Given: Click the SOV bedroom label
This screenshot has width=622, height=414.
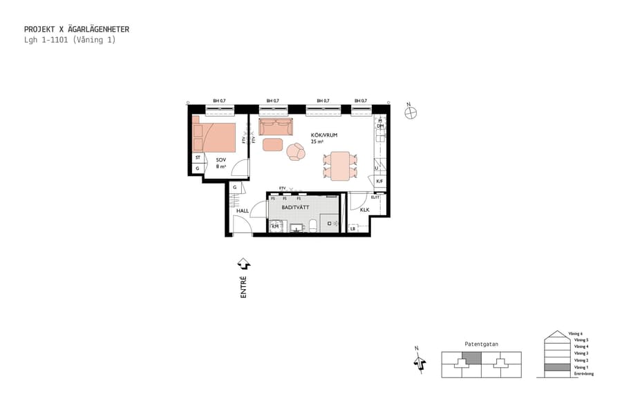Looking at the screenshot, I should click(x=220, y=159).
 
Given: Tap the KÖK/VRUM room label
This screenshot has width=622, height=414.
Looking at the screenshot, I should click(x=319, y=136).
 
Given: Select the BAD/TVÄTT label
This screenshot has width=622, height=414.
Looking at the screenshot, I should click(x=296, y=207).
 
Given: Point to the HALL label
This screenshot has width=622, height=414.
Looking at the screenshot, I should click(x=243, y=210).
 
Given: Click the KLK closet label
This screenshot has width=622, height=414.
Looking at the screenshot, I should click(x=364, y=210).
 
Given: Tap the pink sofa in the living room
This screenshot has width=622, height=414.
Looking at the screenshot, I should click(x=275, y=126).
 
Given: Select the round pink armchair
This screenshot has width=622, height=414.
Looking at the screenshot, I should click(x=296, y=151).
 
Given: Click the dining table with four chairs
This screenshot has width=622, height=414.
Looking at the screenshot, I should click(x=340, y=166).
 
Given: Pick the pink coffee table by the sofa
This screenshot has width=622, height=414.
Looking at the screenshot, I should click(x=273, y=144).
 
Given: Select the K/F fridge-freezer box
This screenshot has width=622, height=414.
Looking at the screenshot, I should click(x=379, y=181).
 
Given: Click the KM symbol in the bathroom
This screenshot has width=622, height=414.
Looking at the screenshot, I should click(x=274, y=226).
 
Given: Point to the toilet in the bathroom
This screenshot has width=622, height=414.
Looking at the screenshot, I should click(x=314, y=224).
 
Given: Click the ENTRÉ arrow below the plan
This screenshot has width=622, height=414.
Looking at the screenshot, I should click(x=243, y=263).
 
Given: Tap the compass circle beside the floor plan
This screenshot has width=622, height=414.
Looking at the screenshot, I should click(x=411, y=112).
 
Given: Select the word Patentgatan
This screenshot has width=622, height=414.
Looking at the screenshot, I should click(x=481, y=344).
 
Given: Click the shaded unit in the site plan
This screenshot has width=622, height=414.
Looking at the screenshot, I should click(x=471, y=358).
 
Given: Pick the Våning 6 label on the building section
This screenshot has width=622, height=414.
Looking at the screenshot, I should click(x=576, y=333).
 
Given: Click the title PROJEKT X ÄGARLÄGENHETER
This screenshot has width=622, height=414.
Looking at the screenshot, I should click(x=76, y=30).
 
